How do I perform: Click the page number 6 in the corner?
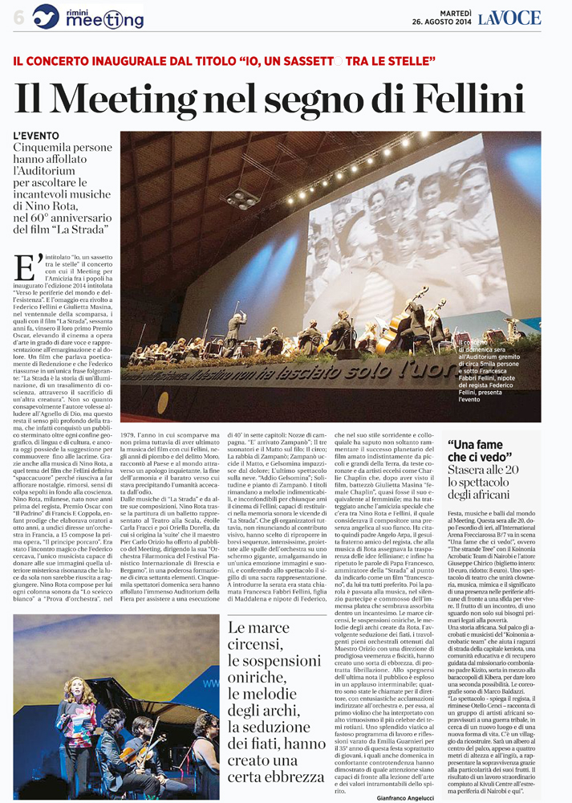tap(18, 18)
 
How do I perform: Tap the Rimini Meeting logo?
tap(88, 16)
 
